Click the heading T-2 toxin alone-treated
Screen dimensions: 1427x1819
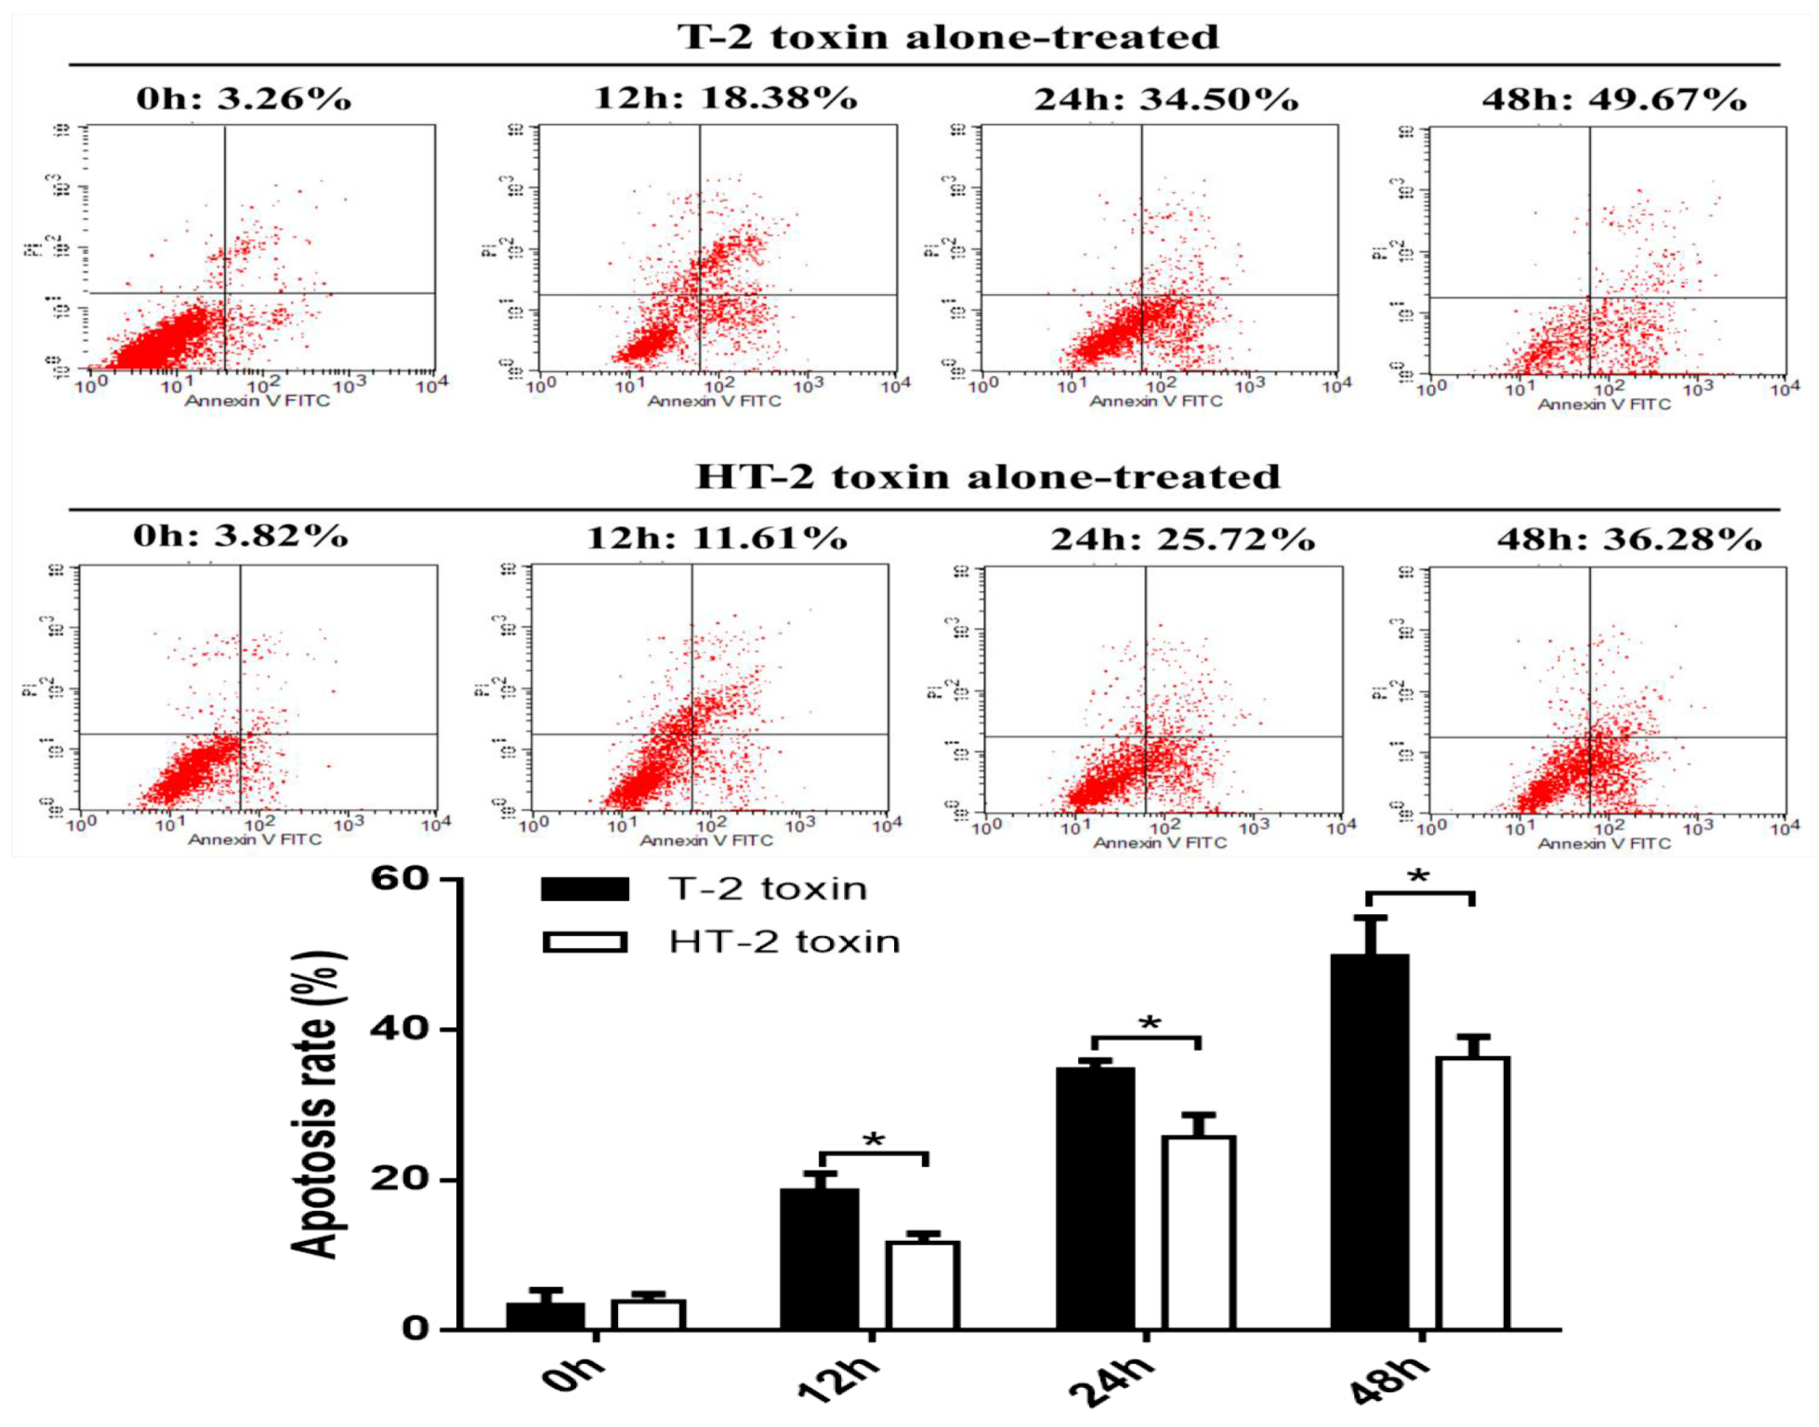coord(948,38)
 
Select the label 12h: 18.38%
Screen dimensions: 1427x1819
coord(725,99)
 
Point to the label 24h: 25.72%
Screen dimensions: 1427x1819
coord(1182,540)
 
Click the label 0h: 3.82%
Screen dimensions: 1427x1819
coord(240,536)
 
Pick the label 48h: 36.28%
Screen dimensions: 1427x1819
coord(1629,540)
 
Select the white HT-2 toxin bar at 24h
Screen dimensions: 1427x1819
coord(1199,1233)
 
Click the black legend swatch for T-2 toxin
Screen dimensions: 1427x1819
coord(584,889)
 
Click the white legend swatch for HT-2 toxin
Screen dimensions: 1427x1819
coord(584,942)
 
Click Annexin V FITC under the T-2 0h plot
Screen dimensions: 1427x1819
coord(258,401)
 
